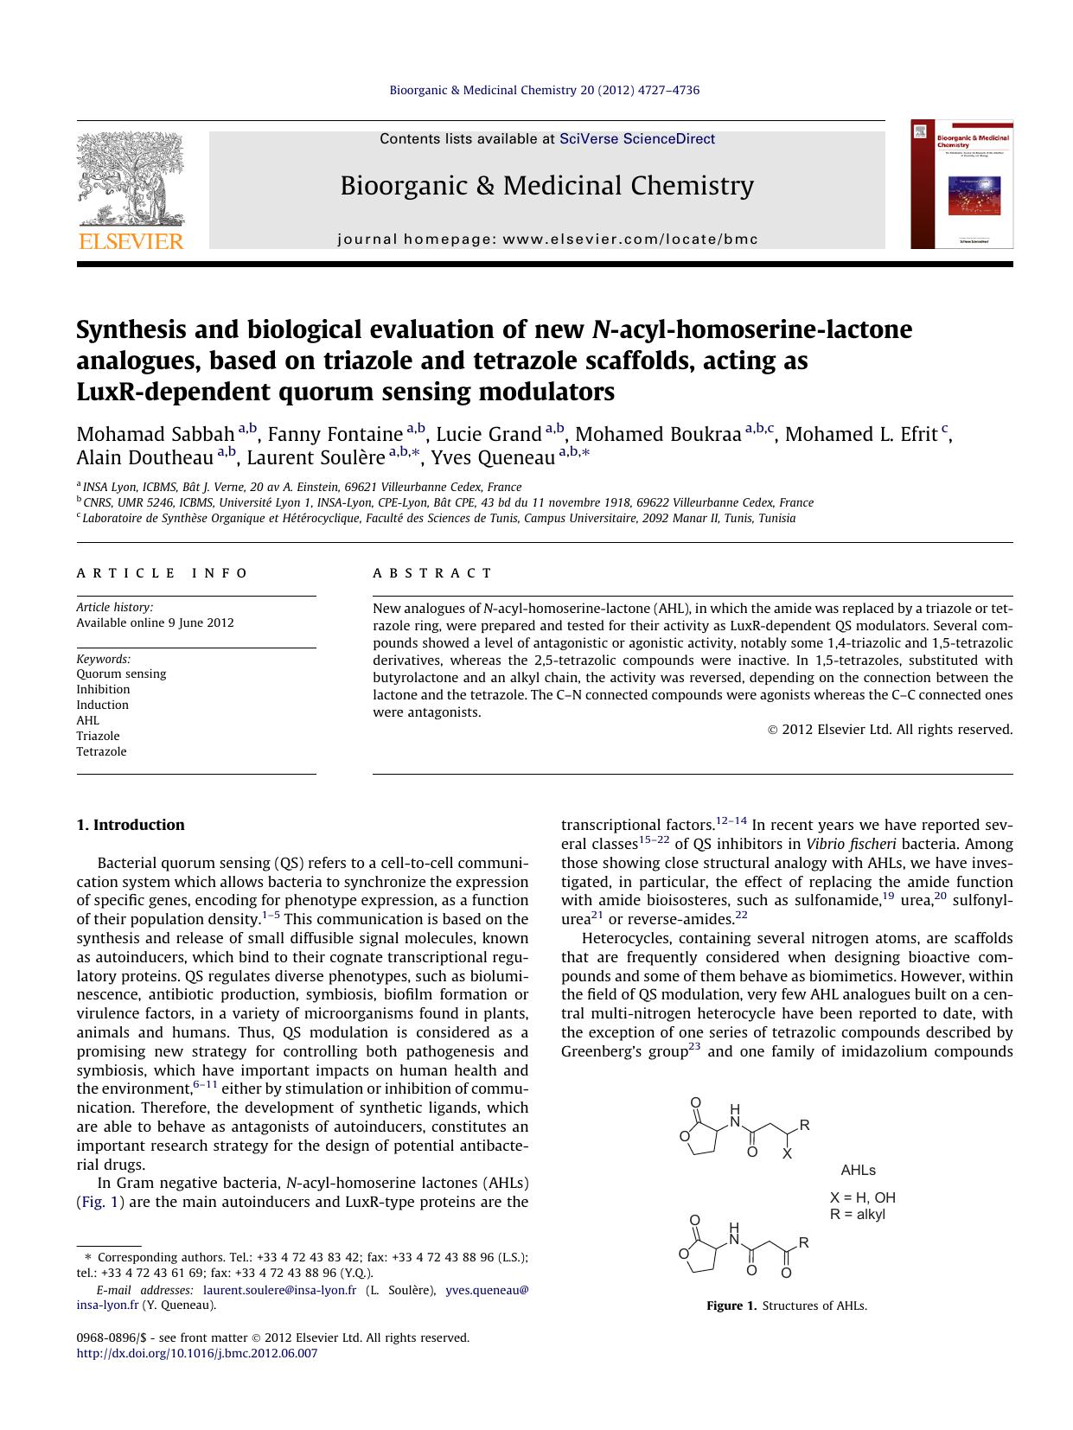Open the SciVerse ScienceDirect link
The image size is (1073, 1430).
(x=637, y=138)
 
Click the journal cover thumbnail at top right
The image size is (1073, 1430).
(x=961, y=185)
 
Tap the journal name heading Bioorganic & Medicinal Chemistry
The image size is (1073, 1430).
(x=546, y=186)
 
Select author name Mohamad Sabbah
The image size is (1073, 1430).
(x=156, y=435)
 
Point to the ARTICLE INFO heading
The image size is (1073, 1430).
(x=162, y=573)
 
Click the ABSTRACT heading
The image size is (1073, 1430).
(x=432, y=573)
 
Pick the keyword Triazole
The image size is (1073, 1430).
(x=98, y=736)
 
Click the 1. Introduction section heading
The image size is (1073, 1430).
(x=131, y=825)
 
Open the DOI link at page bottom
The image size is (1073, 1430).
(x=197, y=1353)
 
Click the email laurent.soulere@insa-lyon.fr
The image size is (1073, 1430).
(x=279, y=1290)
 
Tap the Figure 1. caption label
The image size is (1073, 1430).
(x=731, y=1306)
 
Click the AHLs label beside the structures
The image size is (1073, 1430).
(x=858, y=1170)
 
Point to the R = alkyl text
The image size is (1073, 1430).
(x=857, y=1214)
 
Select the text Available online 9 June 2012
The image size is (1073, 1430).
(x=155, y=622)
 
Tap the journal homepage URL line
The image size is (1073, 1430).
(x=547, y=239)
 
